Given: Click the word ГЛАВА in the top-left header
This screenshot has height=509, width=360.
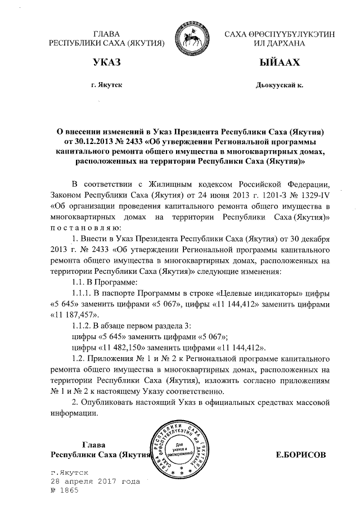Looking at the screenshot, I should (107, 34).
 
